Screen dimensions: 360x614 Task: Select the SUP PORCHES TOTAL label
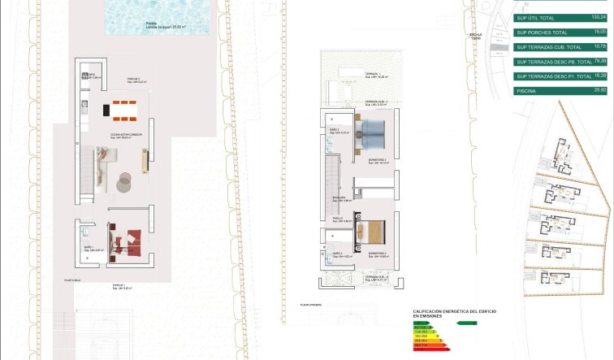coord(542,32)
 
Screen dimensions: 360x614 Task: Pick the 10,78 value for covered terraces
coord(599,46)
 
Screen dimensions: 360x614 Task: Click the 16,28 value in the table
coord(599,76)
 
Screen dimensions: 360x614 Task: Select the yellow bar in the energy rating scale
coord(426,336)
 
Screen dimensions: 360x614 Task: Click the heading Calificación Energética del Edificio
coord(454,313)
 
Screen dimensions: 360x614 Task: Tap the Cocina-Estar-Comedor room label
coord(128,134)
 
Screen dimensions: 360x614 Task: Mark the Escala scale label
coord(476,35)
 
